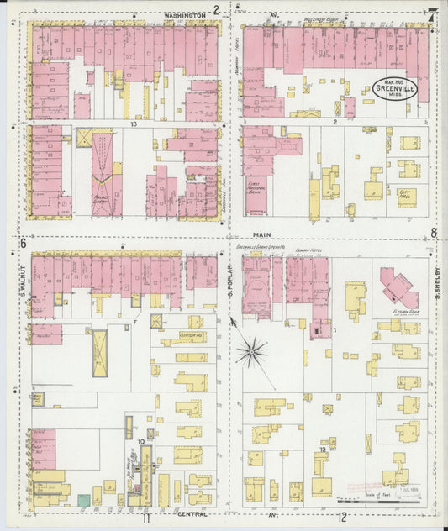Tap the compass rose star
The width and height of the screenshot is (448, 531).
(250, 352)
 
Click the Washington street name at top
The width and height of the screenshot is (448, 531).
(185, 15)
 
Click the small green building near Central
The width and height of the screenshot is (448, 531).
(84, 500)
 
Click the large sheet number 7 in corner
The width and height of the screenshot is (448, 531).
(430, 14)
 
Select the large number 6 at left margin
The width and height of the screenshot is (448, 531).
(22, 243)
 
